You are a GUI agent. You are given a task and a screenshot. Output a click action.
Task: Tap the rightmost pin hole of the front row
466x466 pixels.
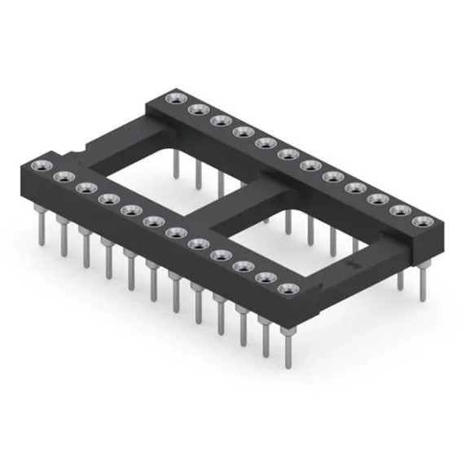coord(288,288)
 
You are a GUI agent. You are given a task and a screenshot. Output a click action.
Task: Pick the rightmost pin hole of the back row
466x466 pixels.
coord(421,221)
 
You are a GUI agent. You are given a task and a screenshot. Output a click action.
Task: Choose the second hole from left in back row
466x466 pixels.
coord(196,110)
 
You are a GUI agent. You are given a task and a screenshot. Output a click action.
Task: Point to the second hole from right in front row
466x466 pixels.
coord(265,277)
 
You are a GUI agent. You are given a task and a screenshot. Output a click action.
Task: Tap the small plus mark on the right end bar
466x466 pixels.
coord(354,266)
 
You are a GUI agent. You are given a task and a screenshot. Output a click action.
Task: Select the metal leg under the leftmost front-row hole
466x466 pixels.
coord(40,224)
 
